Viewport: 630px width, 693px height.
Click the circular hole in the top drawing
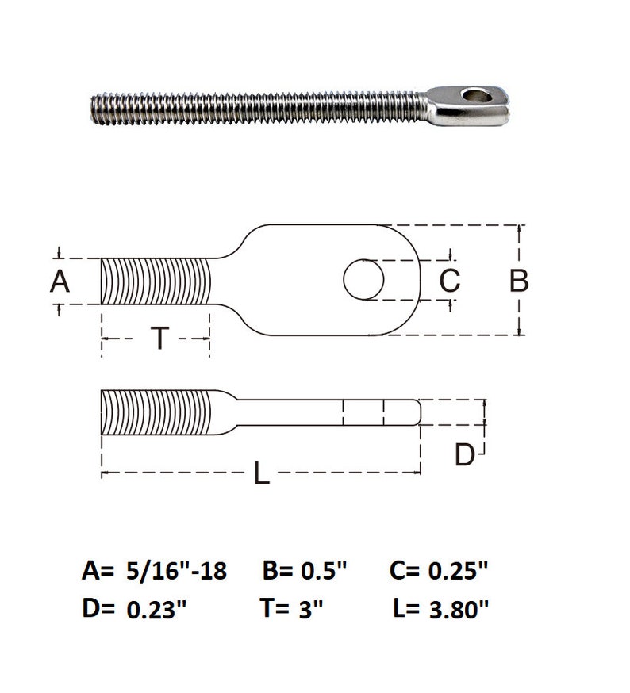(x=364, y=280)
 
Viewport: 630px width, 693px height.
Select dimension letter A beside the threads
(x=60, y=281)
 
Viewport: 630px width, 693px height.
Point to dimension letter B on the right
(x=518, y=281)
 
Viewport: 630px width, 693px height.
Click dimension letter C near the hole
(x=449, y=281)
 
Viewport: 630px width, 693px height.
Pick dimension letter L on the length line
(x=261, y=474)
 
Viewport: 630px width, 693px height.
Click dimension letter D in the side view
(x=465, y=455)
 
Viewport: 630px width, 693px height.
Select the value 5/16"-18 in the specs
(x=176, y=571)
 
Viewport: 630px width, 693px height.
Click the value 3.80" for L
(x=457, y=609)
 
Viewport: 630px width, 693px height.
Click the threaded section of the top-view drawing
(x=156, y=281)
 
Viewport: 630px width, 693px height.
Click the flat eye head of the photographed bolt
(x=468, y=104)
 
